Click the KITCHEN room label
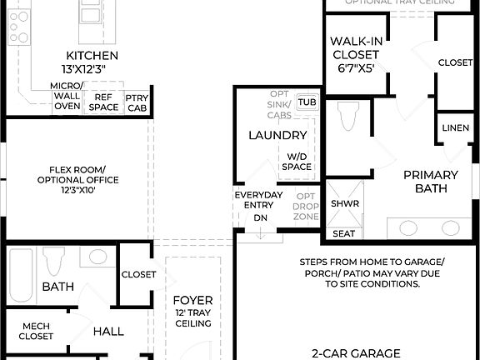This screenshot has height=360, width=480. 87,60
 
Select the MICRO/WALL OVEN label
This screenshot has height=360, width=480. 66,97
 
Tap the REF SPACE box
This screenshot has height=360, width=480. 103,102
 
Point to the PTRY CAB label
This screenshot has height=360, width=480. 137,102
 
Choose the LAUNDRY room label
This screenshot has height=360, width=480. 277,135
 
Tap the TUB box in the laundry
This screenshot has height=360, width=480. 307,102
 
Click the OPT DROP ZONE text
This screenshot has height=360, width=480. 306,206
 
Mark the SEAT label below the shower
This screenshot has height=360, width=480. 343,233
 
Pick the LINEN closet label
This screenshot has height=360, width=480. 455,127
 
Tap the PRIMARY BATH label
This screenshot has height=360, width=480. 430,181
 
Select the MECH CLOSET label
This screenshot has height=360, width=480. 36,331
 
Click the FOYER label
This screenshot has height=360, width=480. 192,306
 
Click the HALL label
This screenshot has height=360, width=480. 108,331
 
